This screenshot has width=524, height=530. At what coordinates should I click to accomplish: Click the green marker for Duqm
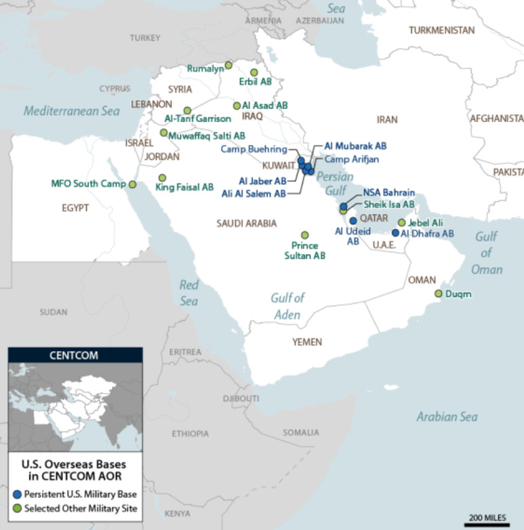(x=439, y=293)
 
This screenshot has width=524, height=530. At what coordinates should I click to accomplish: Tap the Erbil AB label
(x=255, y=81)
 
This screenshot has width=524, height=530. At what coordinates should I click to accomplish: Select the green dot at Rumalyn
(x=228, y=65)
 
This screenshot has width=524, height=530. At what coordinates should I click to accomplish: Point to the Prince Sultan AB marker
(x=305, y=235)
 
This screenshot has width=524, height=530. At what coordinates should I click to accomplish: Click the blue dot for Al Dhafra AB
(x=396, y=233)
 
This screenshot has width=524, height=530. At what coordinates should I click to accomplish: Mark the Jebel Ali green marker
(x=402, y=222)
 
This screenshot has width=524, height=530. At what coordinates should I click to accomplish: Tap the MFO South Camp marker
(x=133, y=184)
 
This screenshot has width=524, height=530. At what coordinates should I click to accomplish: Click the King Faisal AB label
(x=185, y=186)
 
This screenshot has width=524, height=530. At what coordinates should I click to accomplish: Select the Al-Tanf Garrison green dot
(x=188, y=110)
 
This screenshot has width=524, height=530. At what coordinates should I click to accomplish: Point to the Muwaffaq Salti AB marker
(x=163, y=133)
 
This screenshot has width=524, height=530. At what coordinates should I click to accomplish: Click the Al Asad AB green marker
(x=237, y=106)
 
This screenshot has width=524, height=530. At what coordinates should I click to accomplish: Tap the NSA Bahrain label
(x=388, y=192)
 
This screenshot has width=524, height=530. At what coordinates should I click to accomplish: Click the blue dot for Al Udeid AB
(x=352, y=220)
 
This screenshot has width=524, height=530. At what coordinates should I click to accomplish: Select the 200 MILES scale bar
(x=486, y=523)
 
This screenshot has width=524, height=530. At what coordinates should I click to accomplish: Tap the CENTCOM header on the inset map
(x=75, y=354)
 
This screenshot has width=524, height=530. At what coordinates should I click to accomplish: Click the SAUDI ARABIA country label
(x=247, y=223)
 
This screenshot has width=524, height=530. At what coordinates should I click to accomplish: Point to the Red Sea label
(x=189, y=293)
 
